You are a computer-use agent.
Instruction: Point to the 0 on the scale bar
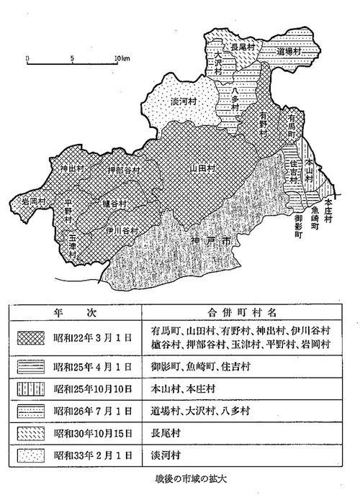[x=26, y=58]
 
